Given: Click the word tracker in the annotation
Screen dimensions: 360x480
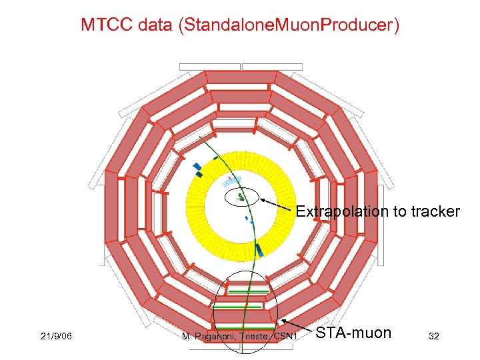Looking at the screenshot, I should pos(434,212).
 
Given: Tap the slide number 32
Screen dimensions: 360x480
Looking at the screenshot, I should pos(434,337).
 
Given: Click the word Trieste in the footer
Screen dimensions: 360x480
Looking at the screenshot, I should pos(257,337).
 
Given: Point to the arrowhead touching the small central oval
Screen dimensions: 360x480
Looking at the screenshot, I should pos(262,199).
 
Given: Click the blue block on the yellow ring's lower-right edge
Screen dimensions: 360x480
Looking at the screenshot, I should pos(260,251).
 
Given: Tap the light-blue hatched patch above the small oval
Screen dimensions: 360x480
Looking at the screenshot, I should pos(231,180).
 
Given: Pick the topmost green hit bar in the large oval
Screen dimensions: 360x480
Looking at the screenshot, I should pos(248,292).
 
